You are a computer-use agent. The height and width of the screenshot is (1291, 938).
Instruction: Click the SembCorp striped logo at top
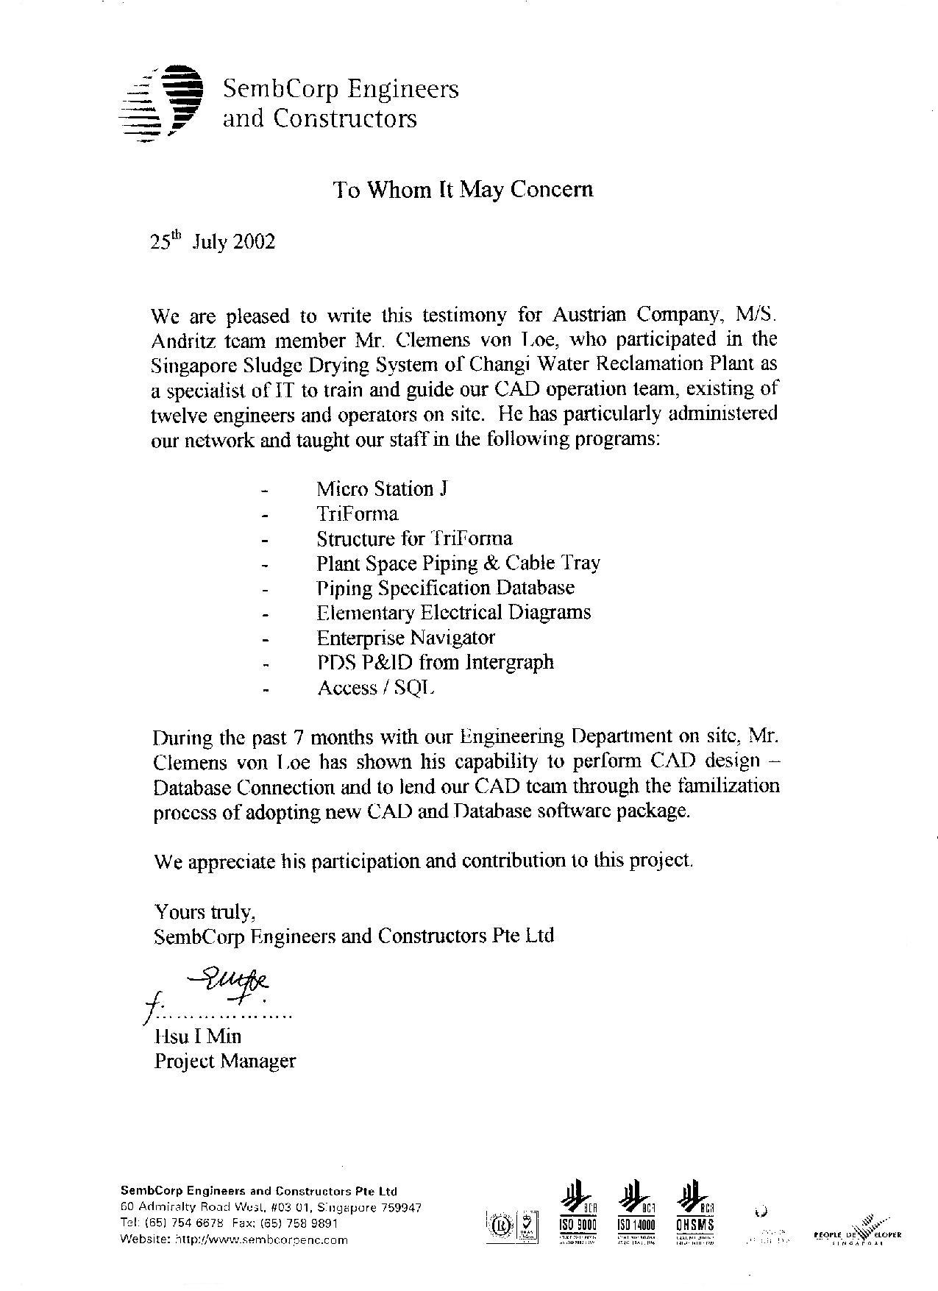161,103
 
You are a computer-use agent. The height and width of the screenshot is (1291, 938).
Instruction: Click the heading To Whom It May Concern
463,190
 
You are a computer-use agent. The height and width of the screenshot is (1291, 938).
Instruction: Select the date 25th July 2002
213,241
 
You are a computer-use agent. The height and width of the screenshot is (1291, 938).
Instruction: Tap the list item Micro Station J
382,488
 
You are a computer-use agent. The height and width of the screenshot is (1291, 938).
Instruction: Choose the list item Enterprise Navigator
405,637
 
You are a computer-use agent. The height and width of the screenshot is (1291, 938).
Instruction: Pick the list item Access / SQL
376,688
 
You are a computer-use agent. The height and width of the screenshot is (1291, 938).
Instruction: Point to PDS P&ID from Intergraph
435,662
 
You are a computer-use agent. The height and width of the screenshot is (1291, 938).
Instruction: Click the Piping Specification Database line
445,588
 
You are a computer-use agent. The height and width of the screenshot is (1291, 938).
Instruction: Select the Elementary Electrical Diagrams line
453,612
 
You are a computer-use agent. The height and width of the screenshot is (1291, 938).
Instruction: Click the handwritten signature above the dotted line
228,983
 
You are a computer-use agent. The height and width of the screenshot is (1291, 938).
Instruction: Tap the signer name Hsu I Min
197,1036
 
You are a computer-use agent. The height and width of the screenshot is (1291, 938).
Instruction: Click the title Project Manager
224,1061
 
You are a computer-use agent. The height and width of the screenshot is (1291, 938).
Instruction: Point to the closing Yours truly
205,911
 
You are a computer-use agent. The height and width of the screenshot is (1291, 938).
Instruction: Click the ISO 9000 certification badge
577,1207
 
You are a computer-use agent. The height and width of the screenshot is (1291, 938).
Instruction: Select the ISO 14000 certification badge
635,1207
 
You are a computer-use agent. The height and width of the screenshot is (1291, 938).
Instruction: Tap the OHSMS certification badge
694,1207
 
